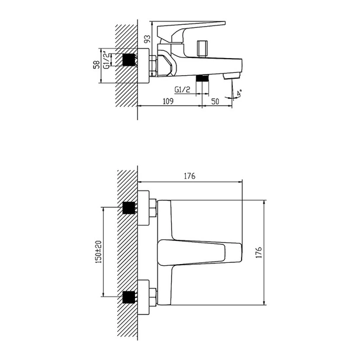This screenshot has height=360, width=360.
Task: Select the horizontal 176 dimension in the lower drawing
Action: click(189, 176)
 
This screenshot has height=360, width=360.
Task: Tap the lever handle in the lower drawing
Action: click(201, 252)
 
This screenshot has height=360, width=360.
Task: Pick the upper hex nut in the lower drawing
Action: click(153, 208)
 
